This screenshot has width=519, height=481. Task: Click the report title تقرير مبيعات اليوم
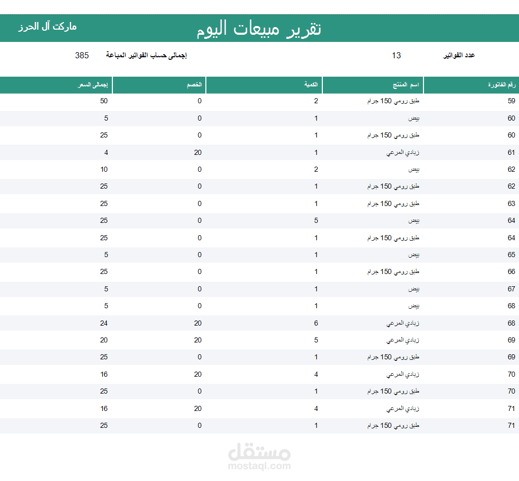pyautogui.click(x=259, y=29)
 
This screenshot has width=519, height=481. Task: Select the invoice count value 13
pyautogui.click(x=396, y=55)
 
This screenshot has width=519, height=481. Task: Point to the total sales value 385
pyautogui.click(x=82, y=55)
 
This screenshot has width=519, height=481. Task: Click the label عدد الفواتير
pyautogui.click(x=459, y=55)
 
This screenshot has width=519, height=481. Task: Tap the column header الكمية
pyautogui.click(x=312, y=85)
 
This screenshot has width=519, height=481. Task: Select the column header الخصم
pyautogui.click(x=195, y=85)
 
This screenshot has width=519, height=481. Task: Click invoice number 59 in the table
pyautogui.click(x=511, y=101)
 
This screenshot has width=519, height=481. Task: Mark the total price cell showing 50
pyautogui.click(x=104, y=101)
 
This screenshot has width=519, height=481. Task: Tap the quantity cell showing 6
pyautogui.click(x=316, y=323)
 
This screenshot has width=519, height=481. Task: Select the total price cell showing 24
pyautogui.click(x=104, y=323)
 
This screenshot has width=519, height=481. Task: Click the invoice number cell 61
pyautogui.click(x=511, y=152)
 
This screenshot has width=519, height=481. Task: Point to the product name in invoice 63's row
pyautogui.click(x=393, y=203)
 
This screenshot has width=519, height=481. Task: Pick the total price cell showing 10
pyautogui.click(x=104, y=169)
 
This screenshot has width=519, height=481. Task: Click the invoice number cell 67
pyautogui.click(x=511, y=289)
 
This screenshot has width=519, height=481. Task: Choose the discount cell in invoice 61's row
pyautogui.click(x=198, y=152)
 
